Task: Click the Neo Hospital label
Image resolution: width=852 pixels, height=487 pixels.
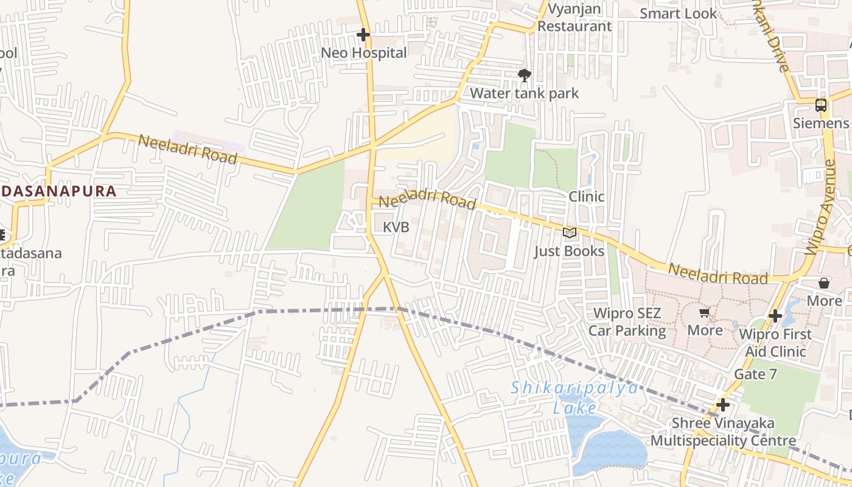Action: pos(364,53)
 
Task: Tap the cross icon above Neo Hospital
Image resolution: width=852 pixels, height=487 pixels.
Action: pos(363,35)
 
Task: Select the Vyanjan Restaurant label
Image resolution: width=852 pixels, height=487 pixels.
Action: pos(574,18)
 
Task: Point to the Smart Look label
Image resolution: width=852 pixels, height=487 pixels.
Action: pos(679,13)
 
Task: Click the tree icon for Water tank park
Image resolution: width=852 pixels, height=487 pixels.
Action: pos(524,75)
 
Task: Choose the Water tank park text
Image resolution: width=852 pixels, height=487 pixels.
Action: pos(524,93)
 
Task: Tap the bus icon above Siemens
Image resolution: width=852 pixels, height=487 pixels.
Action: pos(821,105)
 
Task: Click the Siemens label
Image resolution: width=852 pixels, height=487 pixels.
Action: pos(820,124)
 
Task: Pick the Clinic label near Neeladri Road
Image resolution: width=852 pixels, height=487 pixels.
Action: pos(587,197)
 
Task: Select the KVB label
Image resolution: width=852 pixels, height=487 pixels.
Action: pos(396,228)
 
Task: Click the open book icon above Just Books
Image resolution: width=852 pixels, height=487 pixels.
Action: pos(570,233)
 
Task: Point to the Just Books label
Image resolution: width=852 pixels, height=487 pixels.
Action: pos(570,251)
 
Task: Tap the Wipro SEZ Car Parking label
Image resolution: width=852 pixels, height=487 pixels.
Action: pos(627,323)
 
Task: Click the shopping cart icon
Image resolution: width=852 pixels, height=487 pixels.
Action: pos(705,313)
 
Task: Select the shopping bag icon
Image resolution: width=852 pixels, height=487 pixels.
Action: pos(824,283)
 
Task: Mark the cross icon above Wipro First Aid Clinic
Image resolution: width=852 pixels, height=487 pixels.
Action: pos(775,316)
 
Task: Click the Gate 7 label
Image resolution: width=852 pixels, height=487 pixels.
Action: pos(756,374)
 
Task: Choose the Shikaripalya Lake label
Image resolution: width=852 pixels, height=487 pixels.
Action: pos(575,398)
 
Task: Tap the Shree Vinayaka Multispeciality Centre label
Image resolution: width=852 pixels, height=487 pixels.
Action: pos(723,432)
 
